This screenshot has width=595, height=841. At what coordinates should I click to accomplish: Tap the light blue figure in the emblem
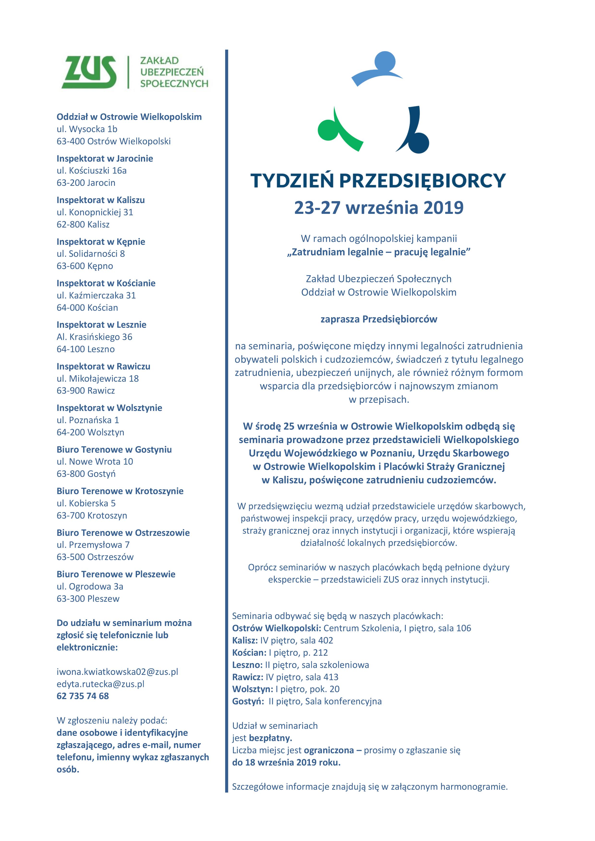[x=377, y=68]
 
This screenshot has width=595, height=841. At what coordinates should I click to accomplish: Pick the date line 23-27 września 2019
[x=379, y=208]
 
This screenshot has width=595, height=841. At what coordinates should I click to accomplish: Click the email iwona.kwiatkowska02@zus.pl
[x=117, y=672]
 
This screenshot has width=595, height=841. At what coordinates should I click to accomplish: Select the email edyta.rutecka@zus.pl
[x=100, y=683]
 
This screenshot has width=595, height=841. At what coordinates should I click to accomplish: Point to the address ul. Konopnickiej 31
[x=95, y=212]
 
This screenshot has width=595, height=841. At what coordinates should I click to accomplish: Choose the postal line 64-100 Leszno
[x=86, y=349]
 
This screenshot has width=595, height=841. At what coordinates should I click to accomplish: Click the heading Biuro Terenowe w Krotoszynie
[x=120, y=491]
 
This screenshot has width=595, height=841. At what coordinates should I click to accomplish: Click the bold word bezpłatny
[x=270, y=738]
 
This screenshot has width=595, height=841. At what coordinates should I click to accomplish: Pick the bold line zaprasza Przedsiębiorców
[x=379, y=319]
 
